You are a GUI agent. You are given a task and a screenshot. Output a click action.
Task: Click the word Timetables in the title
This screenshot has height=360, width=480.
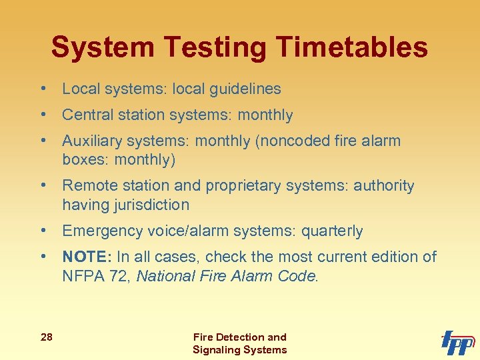[351, 48]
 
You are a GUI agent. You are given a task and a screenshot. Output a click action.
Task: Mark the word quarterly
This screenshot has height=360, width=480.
[332, 231]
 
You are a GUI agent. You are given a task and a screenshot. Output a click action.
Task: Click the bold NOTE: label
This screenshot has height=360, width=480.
[87, 257]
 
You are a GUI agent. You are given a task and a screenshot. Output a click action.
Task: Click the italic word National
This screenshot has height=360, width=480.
[166, 275]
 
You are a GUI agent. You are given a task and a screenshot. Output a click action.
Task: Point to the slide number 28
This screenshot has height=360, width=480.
[46, 337]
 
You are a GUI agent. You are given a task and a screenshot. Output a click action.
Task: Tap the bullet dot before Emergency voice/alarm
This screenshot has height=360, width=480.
[42, 231]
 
